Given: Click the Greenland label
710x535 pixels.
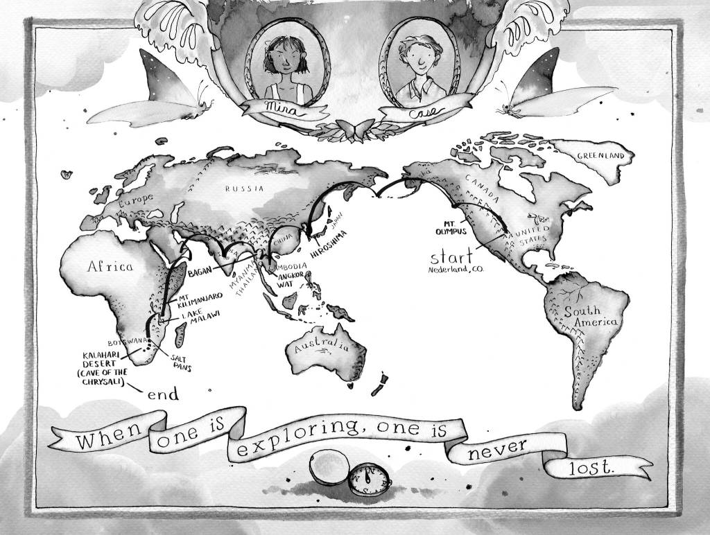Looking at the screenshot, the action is coord(605,157).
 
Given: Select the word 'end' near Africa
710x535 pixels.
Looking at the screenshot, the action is coord(163,394).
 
